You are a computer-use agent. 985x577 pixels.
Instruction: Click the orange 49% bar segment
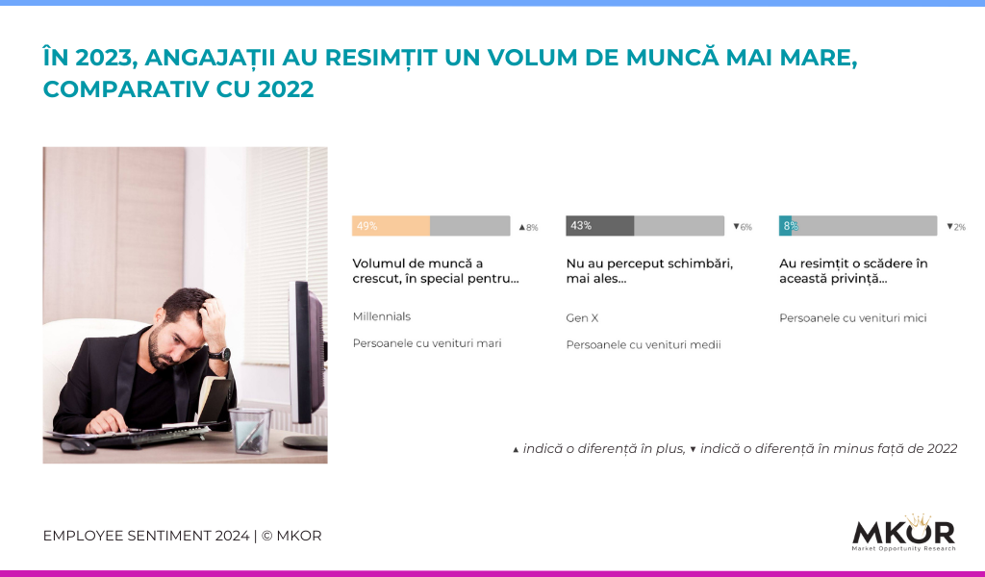coord(391,226)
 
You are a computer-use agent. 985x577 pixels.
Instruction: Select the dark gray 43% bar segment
coord(600,226)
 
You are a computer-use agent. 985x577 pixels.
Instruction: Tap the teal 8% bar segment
coord(786,226)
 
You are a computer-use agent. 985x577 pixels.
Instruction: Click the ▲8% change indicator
coord(528,227)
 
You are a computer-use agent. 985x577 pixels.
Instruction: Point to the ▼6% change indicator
coord(743,227)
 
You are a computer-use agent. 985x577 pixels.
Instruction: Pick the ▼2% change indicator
coord(956,227)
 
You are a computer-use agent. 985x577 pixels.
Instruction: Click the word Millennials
coord(381,316)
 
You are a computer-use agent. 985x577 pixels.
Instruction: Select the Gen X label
coord(582,318)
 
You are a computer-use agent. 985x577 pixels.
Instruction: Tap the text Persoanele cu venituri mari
coord(427,343)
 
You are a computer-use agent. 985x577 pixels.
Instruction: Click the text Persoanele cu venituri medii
coord(644,344)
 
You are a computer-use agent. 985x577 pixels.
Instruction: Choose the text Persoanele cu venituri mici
coord(853,318)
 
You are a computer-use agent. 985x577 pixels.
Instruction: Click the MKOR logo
coord(903,534)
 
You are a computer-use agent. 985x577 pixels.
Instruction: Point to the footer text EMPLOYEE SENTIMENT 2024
coord(146,536)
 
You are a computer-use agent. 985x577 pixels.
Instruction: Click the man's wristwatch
coord(219,355)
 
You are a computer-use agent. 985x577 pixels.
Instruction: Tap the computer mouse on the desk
coord(79,446)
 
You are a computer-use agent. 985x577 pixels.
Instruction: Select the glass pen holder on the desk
coord(251,430)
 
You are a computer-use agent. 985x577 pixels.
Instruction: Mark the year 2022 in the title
coord(285,89)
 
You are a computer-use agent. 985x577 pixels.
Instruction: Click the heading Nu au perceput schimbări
coord(649,263)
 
